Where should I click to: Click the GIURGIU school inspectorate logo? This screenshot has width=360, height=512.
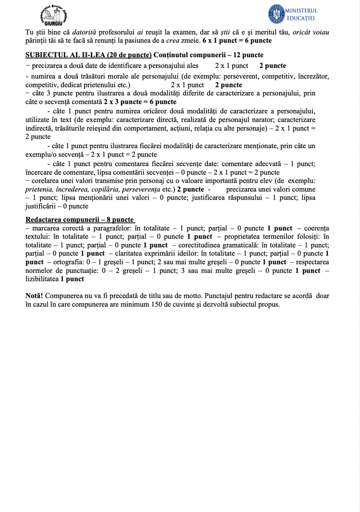tap(57, 15)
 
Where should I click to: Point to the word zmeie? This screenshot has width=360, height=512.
tap(191, 41)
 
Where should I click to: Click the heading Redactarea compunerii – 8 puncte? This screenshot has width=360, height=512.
tap(80, 219)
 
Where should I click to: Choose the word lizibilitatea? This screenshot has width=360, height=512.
tap(42, 279)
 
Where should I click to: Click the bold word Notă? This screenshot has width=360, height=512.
tap(34, 296)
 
